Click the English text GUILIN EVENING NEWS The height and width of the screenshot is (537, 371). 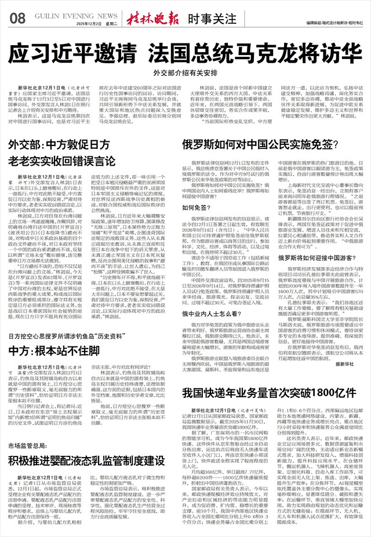[x=64, y=16]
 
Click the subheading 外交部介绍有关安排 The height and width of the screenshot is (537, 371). [x=185, y=74]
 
